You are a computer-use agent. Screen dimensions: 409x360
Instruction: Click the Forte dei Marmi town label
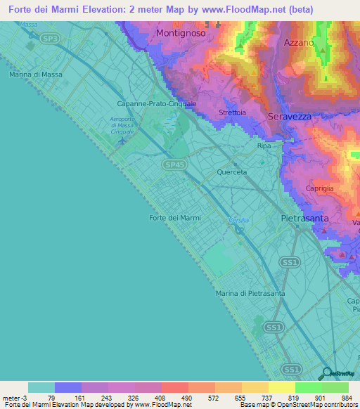(x=175, y=218)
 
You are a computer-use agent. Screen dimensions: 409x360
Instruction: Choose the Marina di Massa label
(x=36, y=74)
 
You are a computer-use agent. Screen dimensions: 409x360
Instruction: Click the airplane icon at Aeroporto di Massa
(x=124, y=141)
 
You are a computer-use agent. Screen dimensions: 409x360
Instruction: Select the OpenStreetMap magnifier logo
(x=326, y=373)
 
